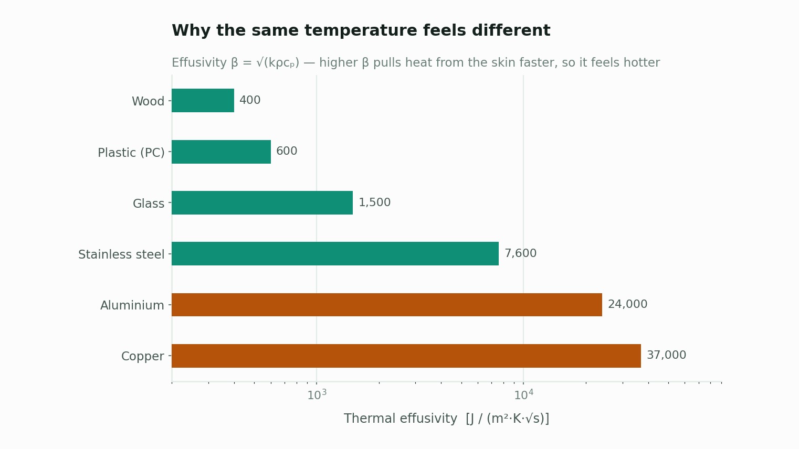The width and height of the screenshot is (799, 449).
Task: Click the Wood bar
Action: (x=203, y=101)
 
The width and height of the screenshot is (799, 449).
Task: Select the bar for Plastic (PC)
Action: (x=221, y=152)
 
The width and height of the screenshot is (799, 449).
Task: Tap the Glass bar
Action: (x=262, y=203)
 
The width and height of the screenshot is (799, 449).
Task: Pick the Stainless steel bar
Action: (x=335, y=254)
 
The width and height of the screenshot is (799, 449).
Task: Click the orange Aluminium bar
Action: (x=387, y=305)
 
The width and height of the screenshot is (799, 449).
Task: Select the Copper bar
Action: (x=406, y=356)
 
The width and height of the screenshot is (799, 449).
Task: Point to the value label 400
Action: (x=250, y=100)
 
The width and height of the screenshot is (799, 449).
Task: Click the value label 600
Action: (x=287, y=151)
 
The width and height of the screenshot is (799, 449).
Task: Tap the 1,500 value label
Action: (x=374, y=202)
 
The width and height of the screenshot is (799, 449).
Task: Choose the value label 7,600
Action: (x=520, y=253)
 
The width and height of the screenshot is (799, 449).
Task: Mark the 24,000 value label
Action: (x=627, y=304)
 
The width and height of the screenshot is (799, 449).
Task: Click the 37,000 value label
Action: (x=666, y=355)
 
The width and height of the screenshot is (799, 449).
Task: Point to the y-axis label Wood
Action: (x=148, y=101)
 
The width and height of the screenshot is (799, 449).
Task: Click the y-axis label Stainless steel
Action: (x=121, y=254)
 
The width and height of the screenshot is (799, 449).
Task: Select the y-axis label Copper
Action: (x=143, y=356)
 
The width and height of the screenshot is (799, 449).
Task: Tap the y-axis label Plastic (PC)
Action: (x=131, y=153)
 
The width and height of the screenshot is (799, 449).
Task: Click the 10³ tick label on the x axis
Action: (x=317, y=394)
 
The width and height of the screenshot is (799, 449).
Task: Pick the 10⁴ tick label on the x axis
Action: (x=523, y=394)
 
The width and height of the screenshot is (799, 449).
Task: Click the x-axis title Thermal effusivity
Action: (x=400, y=419)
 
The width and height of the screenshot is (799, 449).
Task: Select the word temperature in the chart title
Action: (x=361, y=30)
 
